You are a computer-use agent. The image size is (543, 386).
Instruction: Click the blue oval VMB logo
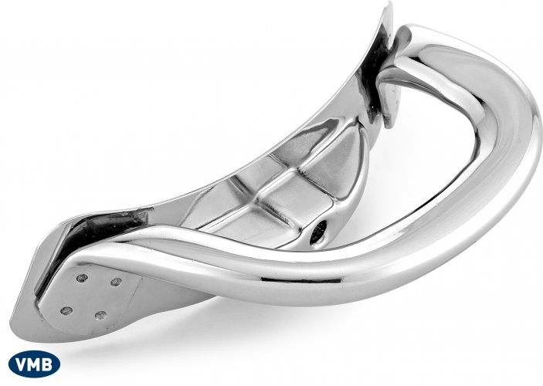(x=34, y=364)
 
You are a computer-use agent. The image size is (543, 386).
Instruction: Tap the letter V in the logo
(x=22, y=364)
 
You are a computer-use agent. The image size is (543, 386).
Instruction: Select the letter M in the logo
(x=35, y=364)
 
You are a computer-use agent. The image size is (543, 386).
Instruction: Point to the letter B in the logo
(x=48, y=364)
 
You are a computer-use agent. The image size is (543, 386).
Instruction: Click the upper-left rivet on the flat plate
(x=83, y=278)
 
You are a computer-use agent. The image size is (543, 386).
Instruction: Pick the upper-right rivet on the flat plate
(x=116, y=283)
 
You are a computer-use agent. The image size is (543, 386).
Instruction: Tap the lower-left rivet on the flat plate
(x=66, y=311)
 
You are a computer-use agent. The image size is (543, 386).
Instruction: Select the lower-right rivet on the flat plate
(x=100, y=316)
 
